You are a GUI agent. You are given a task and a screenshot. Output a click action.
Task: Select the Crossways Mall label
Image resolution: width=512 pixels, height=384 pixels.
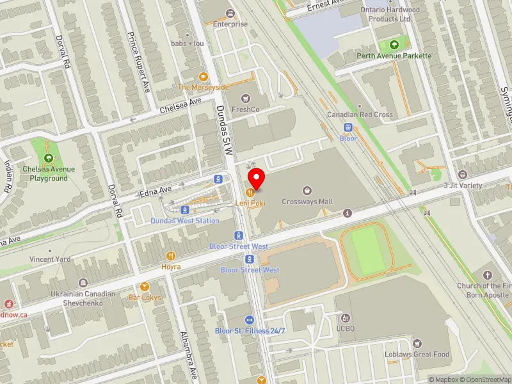point(308,202)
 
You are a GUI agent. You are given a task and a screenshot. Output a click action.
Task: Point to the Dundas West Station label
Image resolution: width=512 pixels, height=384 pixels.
point(185,221)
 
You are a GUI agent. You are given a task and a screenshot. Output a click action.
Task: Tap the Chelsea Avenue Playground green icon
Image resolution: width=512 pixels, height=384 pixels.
point(49,158)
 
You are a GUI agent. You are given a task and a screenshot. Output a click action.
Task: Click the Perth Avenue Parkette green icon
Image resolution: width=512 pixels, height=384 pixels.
point(394,45)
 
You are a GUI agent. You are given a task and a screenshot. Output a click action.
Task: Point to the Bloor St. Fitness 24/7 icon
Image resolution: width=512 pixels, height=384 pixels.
point(250,319)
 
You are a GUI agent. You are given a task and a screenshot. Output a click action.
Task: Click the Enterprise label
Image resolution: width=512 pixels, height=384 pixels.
point(230,24)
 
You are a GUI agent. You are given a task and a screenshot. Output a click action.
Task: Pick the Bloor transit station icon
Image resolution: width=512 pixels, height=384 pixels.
point(349,127)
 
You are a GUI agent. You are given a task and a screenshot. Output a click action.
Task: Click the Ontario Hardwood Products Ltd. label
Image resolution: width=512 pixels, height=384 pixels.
point(390,14)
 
